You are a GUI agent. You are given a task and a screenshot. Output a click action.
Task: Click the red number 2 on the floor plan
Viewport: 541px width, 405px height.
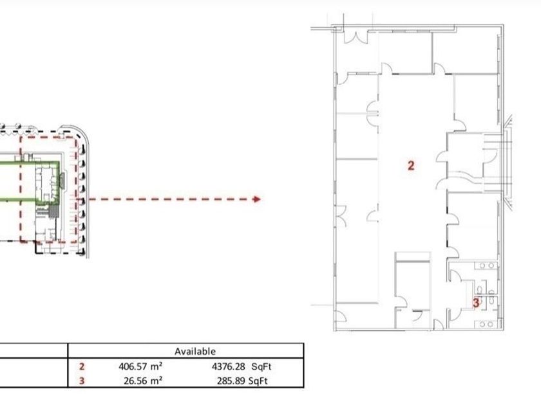(x=411, y=166)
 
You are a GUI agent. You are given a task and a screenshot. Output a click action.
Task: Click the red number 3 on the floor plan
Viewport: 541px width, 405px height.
(x=476, y=303)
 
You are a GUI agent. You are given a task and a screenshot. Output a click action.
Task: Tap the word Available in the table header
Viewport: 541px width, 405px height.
(x=195, y=351)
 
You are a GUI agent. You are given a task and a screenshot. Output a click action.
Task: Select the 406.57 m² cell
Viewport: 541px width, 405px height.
(x=140, y=366)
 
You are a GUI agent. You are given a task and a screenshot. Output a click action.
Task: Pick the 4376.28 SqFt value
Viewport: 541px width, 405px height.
(x=242, y=366)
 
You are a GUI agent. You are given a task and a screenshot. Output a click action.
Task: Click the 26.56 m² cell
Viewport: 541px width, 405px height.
(x=143, y=381)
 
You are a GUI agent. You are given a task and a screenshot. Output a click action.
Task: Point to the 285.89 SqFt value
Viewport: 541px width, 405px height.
(x=242, y=381)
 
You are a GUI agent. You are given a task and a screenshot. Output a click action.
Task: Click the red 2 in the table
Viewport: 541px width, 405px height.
(x=81, y=366)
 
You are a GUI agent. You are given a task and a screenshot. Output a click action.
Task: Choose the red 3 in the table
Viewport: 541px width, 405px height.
(x=81, y=381)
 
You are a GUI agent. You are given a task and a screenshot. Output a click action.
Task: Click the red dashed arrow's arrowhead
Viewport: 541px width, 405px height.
(x=256, y=199)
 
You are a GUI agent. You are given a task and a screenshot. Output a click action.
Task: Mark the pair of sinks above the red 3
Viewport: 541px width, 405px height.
(x=486, y=265)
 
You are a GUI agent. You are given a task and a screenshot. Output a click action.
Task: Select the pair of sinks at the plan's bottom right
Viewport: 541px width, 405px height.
(x=486, y=324)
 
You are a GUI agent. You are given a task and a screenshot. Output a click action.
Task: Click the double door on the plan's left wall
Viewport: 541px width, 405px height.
(x=341, y=216)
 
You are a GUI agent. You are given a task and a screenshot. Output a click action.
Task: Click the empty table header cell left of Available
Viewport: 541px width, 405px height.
(x=33, y=351)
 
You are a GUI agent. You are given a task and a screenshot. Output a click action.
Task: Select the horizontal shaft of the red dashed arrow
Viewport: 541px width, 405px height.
(x=171, y=199)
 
